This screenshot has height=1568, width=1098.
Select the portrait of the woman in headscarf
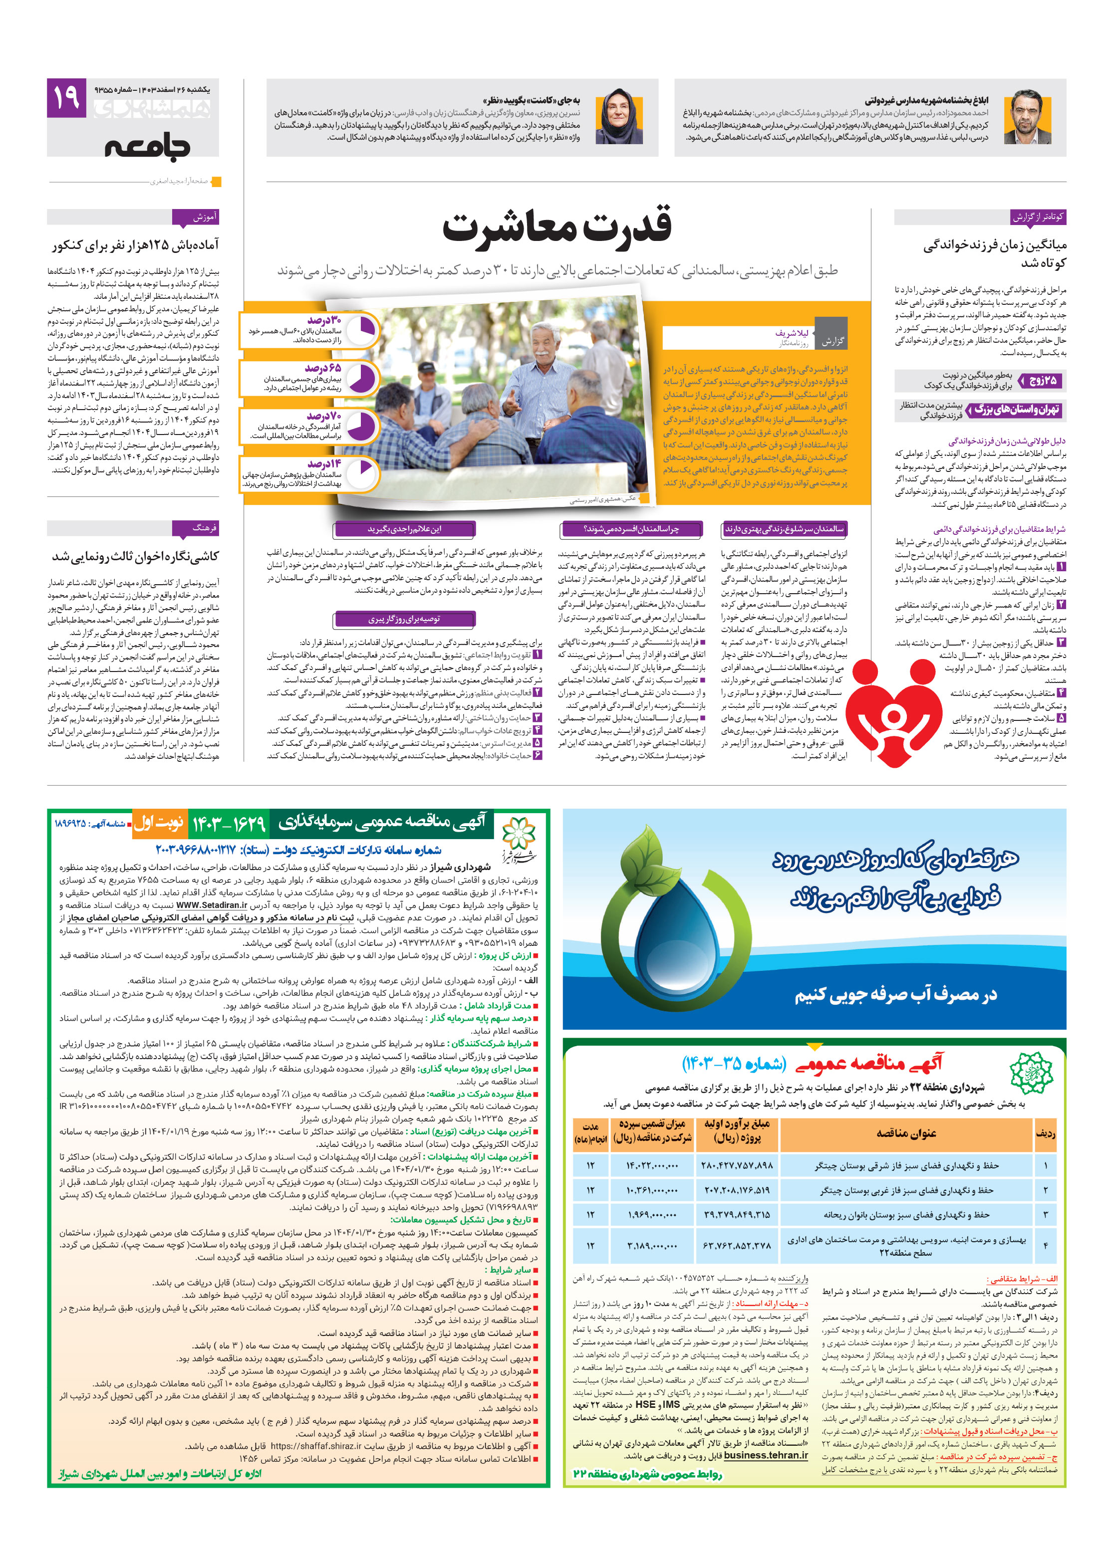pyautogui.click(x=618, y=117)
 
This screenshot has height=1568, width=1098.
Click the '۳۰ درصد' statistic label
pyautogui.click(x=324, y=320)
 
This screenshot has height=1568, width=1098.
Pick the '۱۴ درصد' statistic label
pyautogui.click(x=324, y=463)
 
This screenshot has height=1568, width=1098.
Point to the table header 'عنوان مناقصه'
pyautogui.click(x=905, y=1133)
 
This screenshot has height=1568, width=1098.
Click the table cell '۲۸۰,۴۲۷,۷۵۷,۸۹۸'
pyautogui.click(x=737, y=1165)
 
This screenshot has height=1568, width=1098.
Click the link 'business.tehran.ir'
pyautogui.click(x=765, y=1455)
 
